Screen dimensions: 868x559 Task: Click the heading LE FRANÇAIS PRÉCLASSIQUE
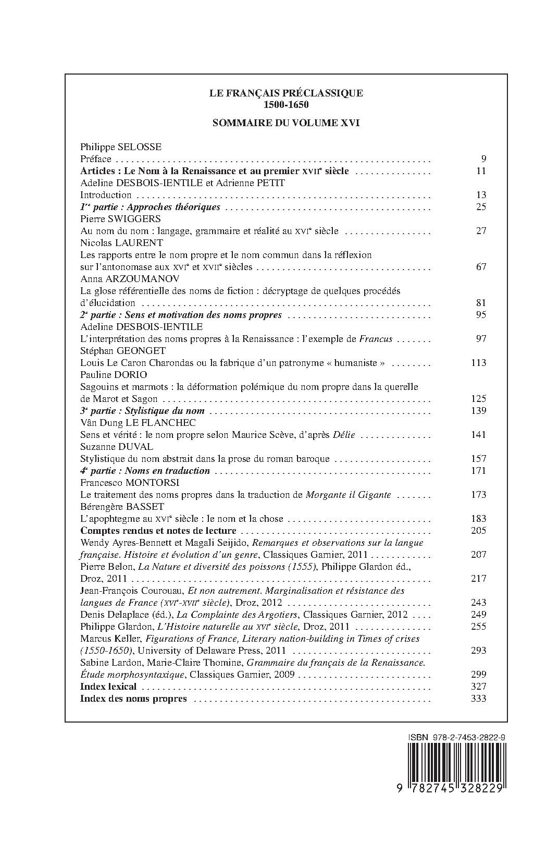pos(286,93)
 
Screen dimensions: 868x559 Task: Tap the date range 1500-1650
pos(286,104)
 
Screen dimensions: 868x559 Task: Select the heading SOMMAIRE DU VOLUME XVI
pos(286,124)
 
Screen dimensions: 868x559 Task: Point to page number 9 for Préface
pos(483,159)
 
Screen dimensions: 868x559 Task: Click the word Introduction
pos(106,195)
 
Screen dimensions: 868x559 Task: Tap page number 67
pos(481,267)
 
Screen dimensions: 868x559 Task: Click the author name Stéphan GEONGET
pos(123,351)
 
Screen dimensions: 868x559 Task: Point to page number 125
pos(478,399)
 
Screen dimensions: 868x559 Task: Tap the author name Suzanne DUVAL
pos(116,447)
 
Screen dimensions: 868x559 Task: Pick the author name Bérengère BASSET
pos(122,507)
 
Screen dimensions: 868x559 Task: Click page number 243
pos(478,603)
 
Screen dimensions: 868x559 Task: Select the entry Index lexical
pos(108,687)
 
